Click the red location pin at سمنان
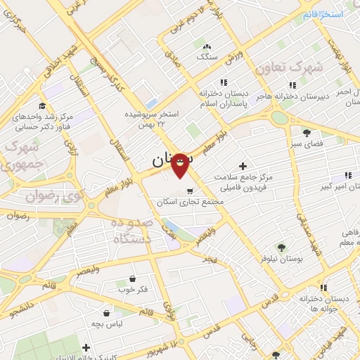[180, 167]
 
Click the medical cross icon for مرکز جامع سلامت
[243, 167]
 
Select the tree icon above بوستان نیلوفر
[281, 247]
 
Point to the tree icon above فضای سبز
[306, 132]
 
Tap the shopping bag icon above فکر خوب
[132, 278]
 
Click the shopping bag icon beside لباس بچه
[106, 313]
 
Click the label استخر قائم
[323, 14]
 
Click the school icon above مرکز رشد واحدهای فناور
[44, 106]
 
